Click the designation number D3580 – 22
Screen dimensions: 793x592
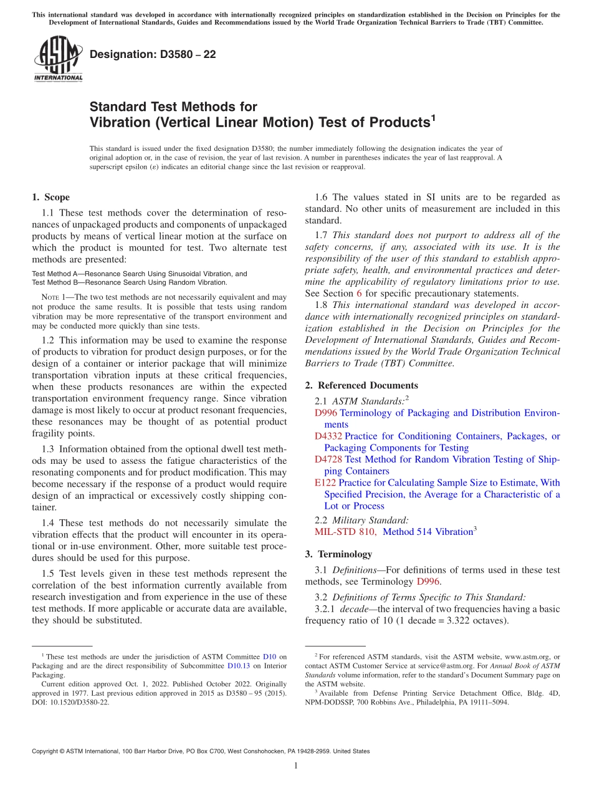coord(153,54)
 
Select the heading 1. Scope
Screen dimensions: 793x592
coord(50,197)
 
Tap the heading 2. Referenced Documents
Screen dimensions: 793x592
coord(361,385)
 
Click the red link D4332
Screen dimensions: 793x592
coord(328,436)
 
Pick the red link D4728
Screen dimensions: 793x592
coord(328,459)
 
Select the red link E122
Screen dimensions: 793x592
coord(325,483)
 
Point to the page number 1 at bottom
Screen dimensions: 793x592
coord(296,766)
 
